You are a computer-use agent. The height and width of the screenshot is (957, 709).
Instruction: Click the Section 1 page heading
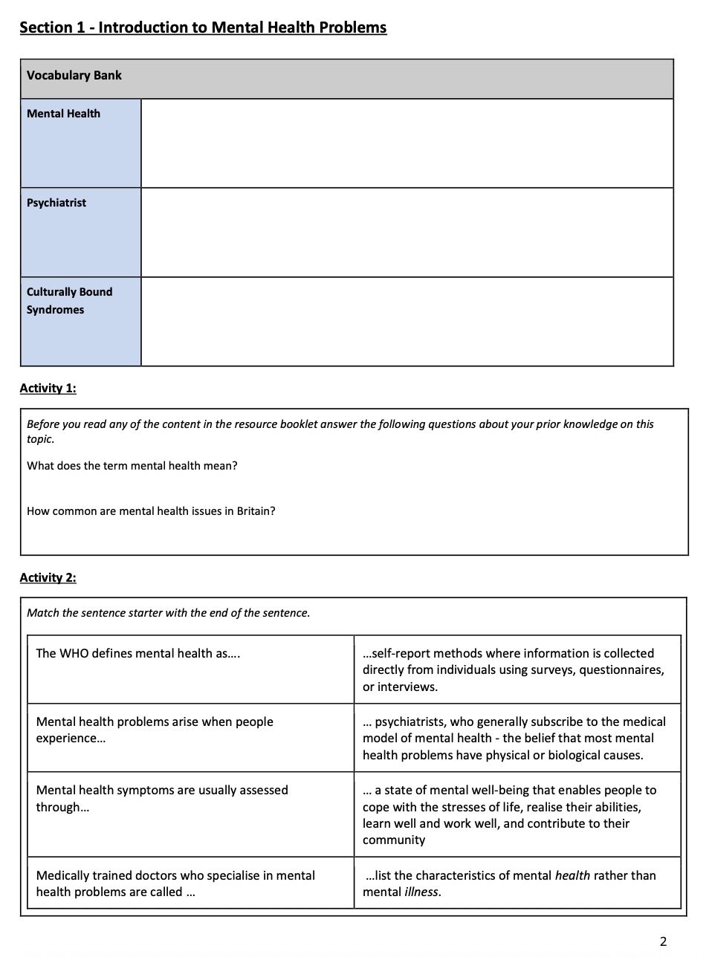pos(203,27)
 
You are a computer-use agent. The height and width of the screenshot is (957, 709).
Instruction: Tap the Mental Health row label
pos(64,114)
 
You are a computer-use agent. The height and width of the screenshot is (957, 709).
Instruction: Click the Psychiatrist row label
pos(56,203)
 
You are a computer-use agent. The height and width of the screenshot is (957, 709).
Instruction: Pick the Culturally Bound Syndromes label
pos(69,301)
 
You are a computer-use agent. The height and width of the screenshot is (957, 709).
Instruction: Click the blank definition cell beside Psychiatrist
pos(407,233)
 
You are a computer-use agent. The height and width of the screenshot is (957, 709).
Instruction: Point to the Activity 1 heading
pos(48,388)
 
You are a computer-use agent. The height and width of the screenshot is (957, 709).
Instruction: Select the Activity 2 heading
pos(48,577)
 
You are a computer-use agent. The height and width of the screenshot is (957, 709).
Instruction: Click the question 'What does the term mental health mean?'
pos(132,466)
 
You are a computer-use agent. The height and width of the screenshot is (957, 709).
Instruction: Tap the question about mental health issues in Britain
pos(151,511)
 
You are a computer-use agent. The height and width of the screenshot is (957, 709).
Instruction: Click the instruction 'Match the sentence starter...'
pos(169,613)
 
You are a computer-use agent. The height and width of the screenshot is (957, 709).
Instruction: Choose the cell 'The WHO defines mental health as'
pos(138,654)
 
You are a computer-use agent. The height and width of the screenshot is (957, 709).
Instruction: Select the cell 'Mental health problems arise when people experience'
pos(155,730)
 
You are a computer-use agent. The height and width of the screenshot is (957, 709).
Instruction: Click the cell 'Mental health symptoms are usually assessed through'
pos(162,798)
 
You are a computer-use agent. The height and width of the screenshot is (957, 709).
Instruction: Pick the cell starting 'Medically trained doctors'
pos(175,883)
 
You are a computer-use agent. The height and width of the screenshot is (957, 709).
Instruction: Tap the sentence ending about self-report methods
pos(513,669)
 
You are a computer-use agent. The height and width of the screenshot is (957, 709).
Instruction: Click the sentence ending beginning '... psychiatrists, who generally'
pos(514,738)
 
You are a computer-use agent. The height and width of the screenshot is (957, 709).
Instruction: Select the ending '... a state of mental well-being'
pos(510,814)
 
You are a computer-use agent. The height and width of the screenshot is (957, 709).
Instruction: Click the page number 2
pos(663,941)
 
